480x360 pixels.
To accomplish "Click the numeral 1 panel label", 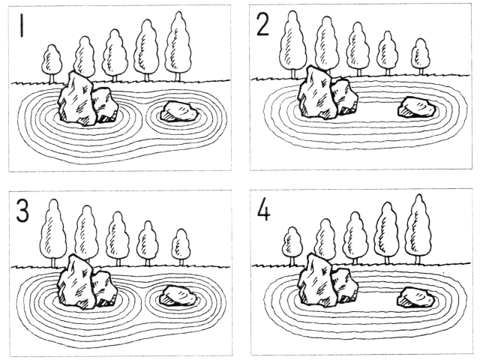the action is pyautogui.click(x=22, y=25).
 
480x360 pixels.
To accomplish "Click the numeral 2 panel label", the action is pyautogui.click(x=263, y=25).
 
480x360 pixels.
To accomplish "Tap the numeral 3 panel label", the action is pyautogui.click(x=22, y=211).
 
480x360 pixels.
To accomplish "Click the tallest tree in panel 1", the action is pyautogui.click(x=178, y=46).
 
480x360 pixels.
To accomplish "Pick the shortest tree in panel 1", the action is pyautogui.click(x=52, y=64).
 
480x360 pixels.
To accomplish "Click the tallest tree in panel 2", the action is pyautogui.click(x=293, y=43).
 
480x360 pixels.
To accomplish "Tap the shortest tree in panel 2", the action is pyautogui.click(x=421, y=57).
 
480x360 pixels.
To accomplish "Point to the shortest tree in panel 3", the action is pyautogui.click(x=181, y=247).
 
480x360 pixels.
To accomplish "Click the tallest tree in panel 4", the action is pyautogui.click(x=418, y=229).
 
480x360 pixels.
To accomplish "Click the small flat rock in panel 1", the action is pyautogui.click(x=179, y=112).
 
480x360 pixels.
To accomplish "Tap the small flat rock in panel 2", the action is pyautogui.click(x=417, y=107).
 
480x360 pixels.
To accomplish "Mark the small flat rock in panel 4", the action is pyautogui.click(x=416, y=298).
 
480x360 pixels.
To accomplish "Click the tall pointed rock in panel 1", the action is pyautogui.click(x=77, y=98).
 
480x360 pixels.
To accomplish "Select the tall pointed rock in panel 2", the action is pyautogui.click(x=317, y=92).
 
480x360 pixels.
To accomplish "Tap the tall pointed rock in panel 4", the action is pyautogui.click(x=317, y=280).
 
